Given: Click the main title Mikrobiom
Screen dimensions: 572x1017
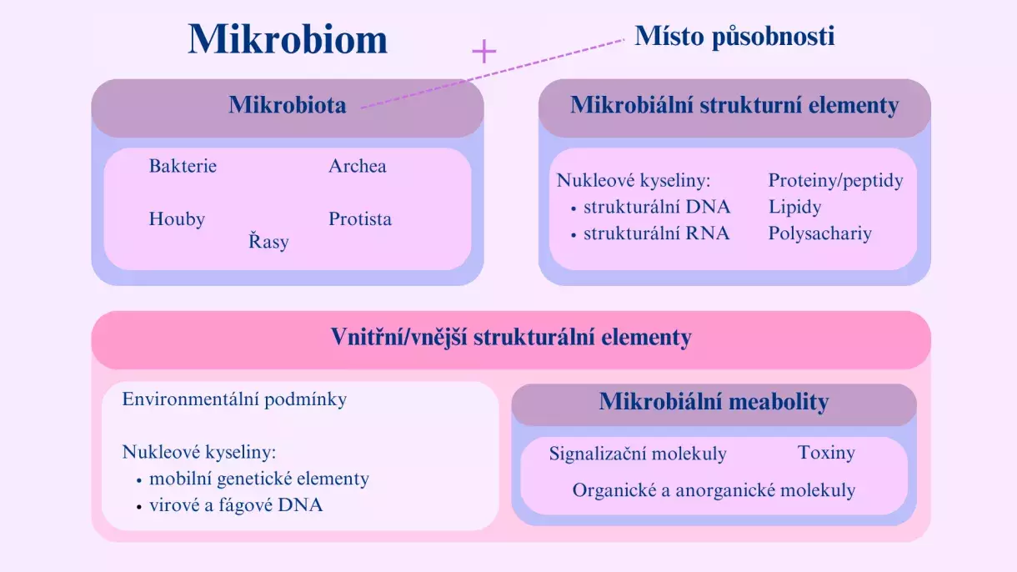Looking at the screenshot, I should point(288,39).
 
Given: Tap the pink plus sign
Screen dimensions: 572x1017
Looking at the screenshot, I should point(483,52).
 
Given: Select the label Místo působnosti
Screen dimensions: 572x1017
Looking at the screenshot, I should point(734,36).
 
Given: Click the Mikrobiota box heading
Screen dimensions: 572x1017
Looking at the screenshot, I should point(287,105).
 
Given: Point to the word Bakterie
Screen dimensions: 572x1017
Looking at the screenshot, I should point(183,166).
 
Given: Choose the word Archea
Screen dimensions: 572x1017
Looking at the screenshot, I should point(357,166).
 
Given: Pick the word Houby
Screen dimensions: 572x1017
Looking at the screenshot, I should point(177,219).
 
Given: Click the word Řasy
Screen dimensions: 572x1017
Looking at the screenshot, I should point(268,243).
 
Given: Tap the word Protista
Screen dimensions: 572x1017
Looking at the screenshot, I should point(359,219).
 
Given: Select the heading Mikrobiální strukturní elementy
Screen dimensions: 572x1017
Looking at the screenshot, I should point(734,105).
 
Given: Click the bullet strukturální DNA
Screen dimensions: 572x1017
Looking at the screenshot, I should point(656,207).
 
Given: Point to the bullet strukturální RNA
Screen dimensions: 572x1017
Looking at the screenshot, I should point(656,233).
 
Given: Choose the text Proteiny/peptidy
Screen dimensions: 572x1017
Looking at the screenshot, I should point(835,180).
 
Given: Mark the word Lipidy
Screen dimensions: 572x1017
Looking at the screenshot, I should point(794,207).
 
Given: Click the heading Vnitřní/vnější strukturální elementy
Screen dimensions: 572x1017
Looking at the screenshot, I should point(511,338).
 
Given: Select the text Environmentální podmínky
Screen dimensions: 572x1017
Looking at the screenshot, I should point(234,399).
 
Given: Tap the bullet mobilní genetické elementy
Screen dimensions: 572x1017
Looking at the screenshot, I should point(258,479).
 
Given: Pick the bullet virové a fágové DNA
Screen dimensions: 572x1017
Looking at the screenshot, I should point(235,504).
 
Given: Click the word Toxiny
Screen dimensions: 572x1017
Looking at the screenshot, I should point(826,453).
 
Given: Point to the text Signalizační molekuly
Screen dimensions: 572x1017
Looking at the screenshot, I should point(638,454).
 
